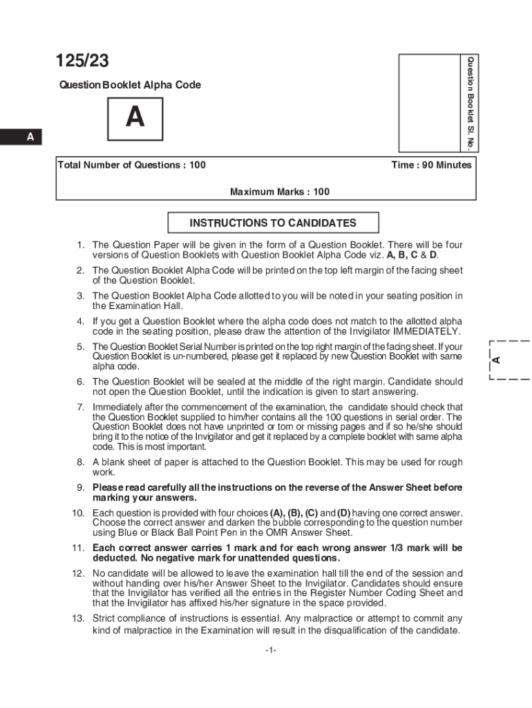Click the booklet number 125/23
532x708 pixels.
coord(82,62)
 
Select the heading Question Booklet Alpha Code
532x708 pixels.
coord(130,85)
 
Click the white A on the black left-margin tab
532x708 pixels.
coord(30,138)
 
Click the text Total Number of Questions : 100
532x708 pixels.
coord(132,165)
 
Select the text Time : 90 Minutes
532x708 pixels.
coord(431,165)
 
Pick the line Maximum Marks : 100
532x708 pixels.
coord(279,192)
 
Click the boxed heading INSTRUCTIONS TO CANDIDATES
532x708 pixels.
coord(273,223)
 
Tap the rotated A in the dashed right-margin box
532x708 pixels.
coord(496,360)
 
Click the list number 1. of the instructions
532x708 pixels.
coord(81,245)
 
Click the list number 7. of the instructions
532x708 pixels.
coord(81,407)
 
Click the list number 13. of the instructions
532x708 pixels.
coord(78,618)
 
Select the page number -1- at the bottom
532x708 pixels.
coord(270,650)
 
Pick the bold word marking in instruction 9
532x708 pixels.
coord(113,498)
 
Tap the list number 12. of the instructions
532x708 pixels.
coord(78,574)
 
